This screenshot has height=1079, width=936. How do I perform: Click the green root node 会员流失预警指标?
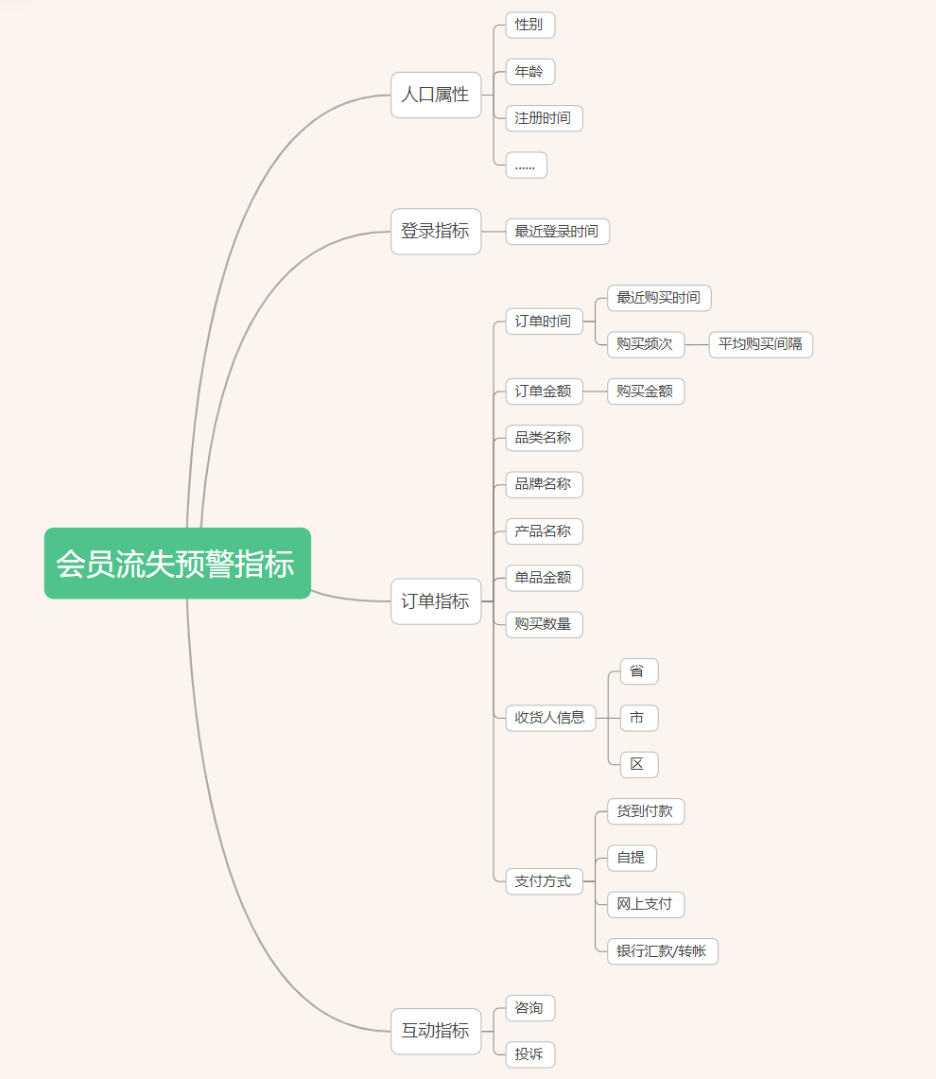177,564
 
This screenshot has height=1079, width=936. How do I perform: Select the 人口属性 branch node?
436,95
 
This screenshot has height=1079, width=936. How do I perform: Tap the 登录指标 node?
436,232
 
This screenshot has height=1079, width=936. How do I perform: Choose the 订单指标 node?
436,601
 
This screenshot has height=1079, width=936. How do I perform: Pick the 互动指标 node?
436,1031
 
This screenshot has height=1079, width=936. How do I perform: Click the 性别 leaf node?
529,25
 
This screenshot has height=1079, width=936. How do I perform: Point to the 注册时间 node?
544,118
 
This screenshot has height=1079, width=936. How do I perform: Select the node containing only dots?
526,165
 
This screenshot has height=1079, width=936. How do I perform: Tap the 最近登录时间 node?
557,232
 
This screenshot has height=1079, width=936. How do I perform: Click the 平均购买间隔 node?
760,344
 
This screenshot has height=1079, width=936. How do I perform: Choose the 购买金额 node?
645,392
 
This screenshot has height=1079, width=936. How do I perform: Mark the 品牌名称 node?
544,485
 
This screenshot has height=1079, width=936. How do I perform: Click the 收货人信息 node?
550,718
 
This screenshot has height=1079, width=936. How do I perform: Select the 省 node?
638,671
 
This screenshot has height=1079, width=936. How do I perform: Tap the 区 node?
638,765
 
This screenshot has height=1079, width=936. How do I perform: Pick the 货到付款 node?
645,811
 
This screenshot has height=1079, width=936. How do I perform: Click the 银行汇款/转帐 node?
662,951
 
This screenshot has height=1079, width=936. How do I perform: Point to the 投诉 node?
529,1054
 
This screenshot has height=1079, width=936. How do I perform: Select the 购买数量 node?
544,625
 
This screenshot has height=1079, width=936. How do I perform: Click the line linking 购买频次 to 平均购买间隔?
697,344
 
